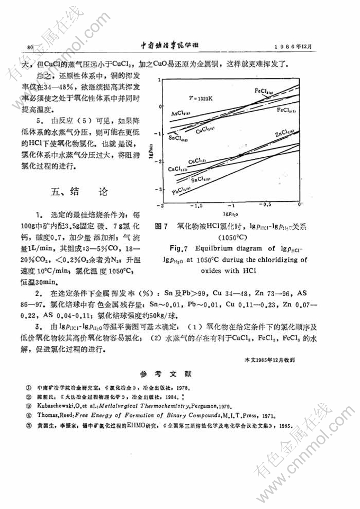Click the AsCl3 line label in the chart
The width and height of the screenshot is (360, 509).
(181, 113)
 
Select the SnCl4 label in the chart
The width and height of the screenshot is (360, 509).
(177, 137)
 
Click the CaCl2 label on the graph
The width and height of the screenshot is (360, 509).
(178, 168)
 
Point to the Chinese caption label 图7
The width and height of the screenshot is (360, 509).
(161, 226)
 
